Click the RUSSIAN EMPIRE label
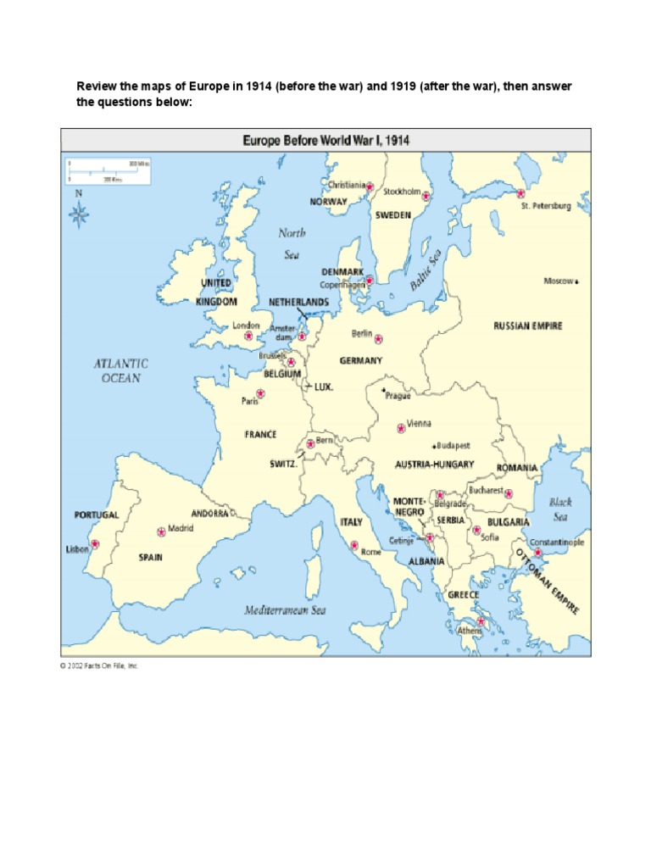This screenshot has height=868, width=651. pyautogui.click(x=527, y=325)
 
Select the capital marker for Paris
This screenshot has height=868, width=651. pyautogui.click(x=260, y=392)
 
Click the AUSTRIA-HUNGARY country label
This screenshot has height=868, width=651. pyautogui.click(x=434, y=465)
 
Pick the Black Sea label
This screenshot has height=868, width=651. pyautogui.click(x=560, y=509)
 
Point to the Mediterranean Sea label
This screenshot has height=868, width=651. pyautogui.click(x=285, y=609)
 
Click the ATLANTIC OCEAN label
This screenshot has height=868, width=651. pyautogui.click(x=120, y=370)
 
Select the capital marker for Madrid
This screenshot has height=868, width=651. pyautogui.click(x=161, y=531)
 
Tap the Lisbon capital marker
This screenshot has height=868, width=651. pyautogui.click(x=95, y=544)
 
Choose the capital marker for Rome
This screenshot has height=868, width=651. pyautogui.click(x=353, y=546)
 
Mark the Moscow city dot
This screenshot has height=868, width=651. pyautogui.click(x=576, y=281)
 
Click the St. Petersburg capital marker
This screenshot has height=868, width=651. pyautogui.click(x=509, y=194)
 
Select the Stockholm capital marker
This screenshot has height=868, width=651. pyautogui.click(x=426, y=196)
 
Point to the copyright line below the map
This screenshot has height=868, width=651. pyautogui.click(x=98, y=666)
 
